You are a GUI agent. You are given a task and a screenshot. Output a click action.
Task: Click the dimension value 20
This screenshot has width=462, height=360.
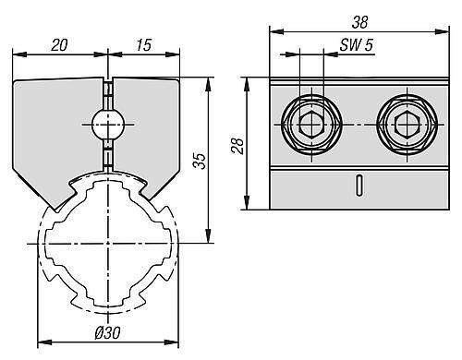59,45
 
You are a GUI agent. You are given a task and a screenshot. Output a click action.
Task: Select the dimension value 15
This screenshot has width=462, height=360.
143,45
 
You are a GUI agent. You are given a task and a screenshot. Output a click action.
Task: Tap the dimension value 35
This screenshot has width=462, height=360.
200,161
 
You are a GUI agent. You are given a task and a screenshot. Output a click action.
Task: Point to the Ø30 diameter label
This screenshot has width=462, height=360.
107,332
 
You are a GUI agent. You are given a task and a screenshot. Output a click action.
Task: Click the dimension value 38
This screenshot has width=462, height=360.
359,22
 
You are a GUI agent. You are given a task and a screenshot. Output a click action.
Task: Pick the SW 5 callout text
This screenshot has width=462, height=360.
357,45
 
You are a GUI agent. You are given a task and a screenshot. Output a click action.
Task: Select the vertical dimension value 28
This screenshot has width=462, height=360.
237,146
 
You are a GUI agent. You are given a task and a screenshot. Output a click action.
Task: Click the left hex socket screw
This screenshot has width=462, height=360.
311,125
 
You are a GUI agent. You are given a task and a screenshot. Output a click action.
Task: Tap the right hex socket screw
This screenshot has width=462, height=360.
407,125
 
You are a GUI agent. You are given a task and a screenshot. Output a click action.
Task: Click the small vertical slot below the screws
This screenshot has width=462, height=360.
359,185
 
